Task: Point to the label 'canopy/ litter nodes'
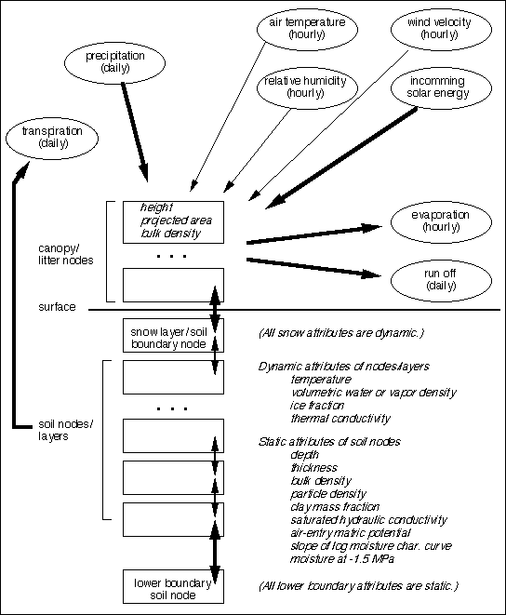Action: coord(66,255)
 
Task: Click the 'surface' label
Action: coord(57,307)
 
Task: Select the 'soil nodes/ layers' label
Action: coord(66,430)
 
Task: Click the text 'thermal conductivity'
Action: coord(340,419)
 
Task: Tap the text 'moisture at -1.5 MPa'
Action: coord(342,558)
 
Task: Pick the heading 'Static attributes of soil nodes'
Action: coord(329,442)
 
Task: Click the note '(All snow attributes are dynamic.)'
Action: coord(341,333)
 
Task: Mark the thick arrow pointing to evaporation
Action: coord(314,234)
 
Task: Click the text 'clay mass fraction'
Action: coord(335,507)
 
